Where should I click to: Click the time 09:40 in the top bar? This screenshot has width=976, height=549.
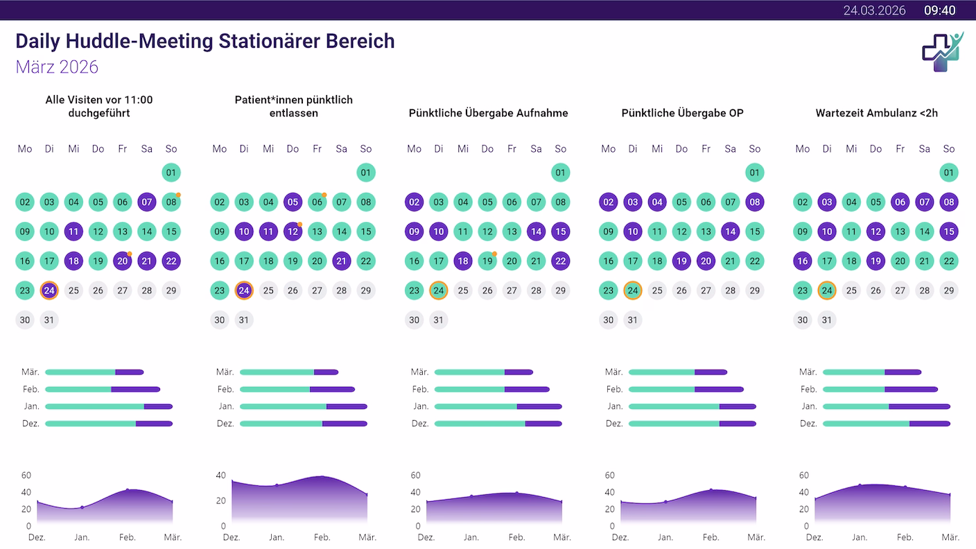click(939, 10)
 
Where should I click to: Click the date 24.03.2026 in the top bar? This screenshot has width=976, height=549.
click(874, 10)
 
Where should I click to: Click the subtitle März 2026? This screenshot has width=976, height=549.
click(57, 67)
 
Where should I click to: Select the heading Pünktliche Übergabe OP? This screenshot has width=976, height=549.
click(682, 113)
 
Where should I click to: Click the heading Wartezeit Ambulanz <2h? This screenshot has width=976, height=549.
click(876, 113)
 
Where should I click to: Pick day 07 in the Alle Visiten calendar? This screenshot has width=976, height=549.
click(146, 202)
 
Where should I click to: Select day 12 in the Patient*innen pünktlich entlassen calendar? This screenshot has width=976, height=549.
click(293, 232)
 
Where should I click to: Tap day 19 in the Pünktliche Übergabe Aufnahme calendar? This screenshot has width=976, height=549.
click(487, 261)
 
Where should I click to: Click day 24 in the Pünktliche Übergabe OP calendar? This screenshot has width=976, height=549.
click(632, 290)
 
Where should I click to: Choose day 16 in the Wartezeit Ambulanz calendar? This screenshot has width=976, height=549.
click(803, 261)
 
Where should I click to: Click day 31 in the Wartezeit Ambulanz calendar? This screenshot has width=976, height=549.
click(826, 320)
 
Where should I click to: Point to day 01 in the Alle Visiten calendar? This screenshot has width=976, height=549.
click(171, 173)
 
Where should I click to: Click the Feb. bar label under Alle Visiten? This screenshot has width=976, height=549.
click(31, 390)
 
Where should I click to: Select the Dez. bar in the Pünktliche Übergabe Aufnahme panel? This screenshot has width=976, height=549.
click(498, 424)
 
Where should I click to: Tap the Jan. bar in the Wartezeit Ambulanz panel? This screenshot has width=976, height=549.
click(886, 406)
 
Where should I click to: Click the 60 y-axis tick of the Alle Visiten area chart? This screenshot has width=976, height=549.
click(26, 476)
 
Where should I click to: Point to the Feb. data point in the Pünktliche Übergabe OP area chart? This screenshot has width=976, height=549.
click(711, 490)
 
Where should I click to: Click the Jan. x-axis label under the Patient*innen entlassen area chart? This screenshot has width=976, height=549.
click(277, 537)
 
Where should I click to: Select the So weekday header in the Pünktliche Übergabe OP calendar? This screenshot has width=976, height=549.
click(754, 149)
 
